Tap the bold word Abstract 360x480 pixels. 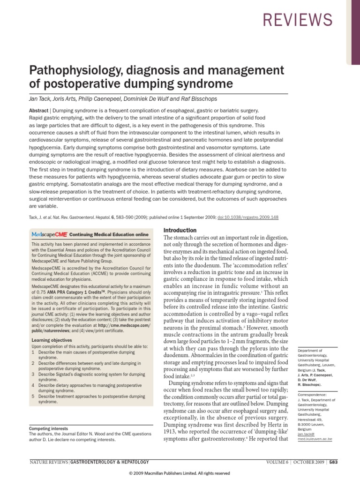tap(40, 108)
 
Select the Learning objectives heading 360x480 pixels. tap(52, 340)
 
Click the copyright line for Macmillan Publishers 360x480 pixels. tap(180, 473)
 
